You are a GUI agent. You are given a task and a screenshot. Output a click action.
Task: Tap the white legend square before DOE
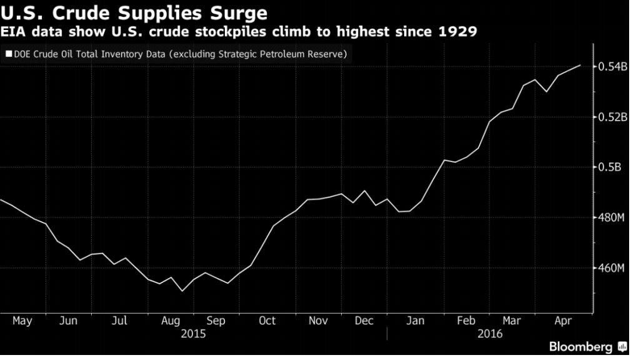pyautogui.click(x=8, y=54)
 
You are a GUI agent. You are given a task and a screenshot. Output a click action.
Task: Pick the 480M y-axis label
pyautogui.click(x=612, y=218)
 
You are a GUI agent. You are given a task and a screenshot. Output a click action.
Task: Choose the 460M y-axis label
pyautogui.click(x=612, y=268)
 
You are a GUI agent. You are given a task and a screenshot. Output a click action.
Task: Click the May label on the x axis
pyautogui.click(x=22, y=321)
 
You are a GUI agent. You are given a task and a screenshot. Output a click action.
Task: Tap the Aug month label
pyautogui.click(x=170, y=321)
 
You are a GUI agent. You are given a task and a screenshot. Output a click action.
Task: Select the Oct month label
pyautogui.click(x=267, y=321)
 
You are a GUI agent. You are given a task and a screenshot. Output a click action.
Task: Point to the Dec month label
pyautogui.click(x=364, y=321)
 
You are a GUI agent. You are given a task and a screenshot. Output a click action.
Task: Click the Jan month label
pyautogui.click(x=415, y=321)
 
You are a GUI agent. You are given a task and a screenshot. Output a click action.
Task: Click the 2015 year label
pyautogui.click(x=192, y=334)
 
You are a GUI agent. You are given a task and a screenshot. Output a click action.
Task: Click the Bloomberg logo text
pyautogui.click(x=580, y=347)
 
